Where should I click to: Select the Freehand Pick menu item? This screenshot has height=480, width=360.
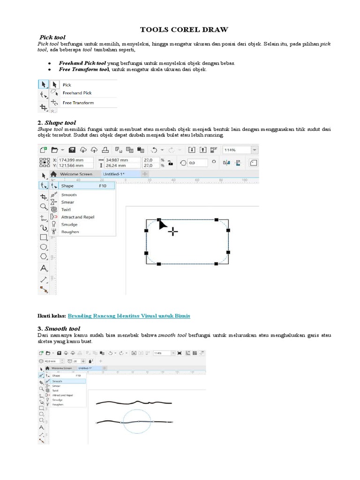(x=77, y=93)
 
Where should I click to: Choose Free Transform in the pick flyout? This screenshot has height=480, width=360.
(x=78, y=103)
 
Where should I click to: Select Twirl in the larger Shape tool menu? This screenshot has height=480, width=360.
(x=66, y=210)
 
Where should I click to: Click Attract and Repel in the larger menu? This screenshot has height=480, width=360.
(x=77, y=217)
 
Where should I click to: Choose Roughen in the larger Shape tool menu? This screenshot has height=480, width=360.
(x=70, y=232)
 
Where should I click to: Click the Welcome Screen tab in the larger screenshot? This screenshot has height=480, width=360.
(x=76, y=174)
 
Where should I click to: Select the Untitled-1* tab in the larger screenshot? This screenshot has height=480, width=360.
(x=115, y=174)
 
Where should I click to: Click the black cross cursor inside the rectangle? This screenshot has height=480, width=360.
(x=173, y=231)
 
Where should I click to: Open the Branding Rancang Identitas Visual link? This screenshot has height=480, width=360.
(x=129, y=316)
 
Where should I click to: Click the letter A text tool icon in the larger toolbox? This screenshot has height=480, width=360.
(x=43, y=268)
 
